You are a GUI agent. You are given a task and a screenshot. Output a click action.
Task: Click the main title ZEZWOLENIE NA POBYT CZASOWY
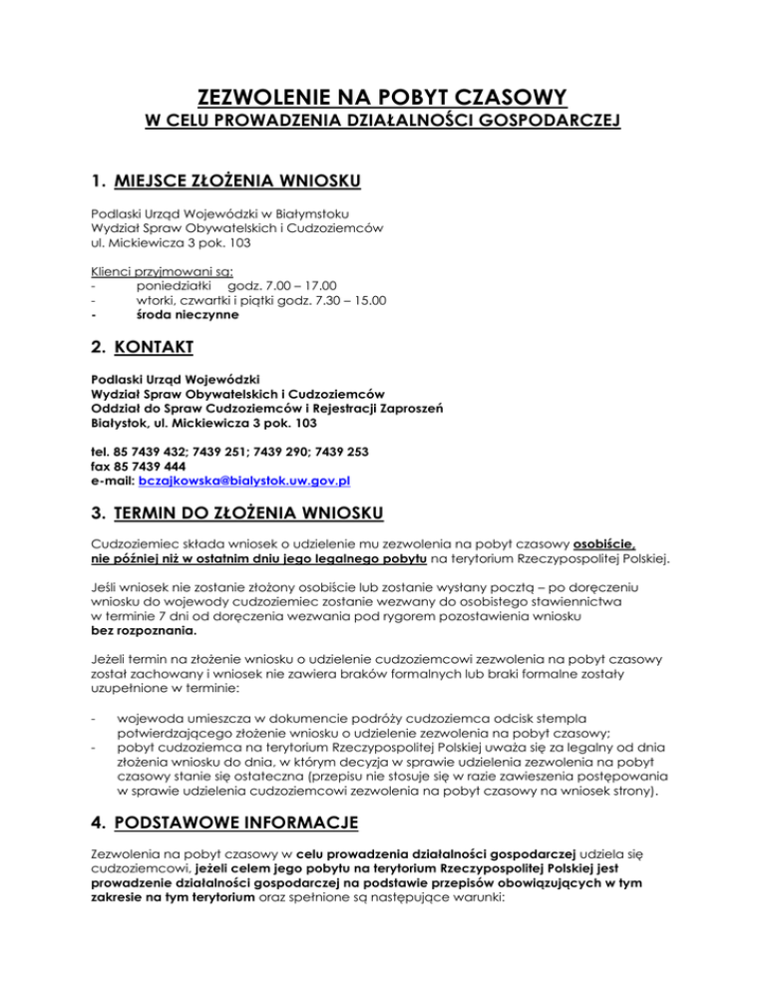point(383,97)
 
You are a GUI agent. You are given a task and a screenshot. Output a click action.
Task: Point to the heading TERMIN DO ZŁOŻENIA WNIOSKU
point(248,515)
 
